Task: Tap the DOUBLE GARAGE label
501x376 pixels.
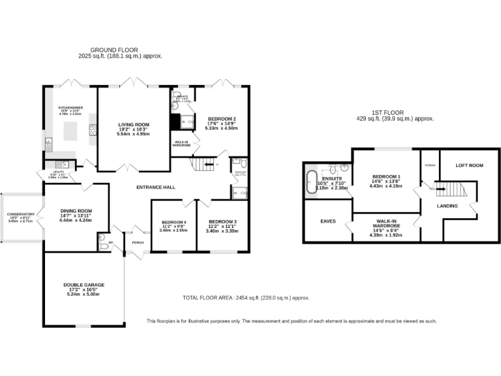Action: pos(83,285)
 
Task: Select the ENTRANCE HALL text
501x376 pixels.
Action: pos(155,187)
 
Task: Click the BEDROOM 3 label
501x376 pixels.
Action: pos(222,223)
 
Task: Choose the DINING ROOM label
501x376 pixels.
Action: pos(76,211)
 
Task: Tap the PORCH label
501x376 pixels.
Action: pos(138,242)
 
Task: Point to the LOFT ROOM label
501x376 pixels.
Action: pos(469,165)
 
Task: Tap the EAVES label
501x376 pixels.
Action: pos(327,221)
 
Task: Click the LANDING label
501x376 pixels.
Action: pos(448,206)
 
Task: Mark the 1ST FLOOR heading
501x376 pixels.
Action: pos(395,112)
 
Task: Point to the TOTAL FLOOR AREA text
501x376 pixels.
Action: pos(207,298)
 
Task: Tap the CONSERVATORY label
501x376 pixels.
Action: pos(21,214)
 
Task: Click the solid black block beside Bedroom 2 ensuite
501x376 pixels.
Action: pos(175,122)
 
